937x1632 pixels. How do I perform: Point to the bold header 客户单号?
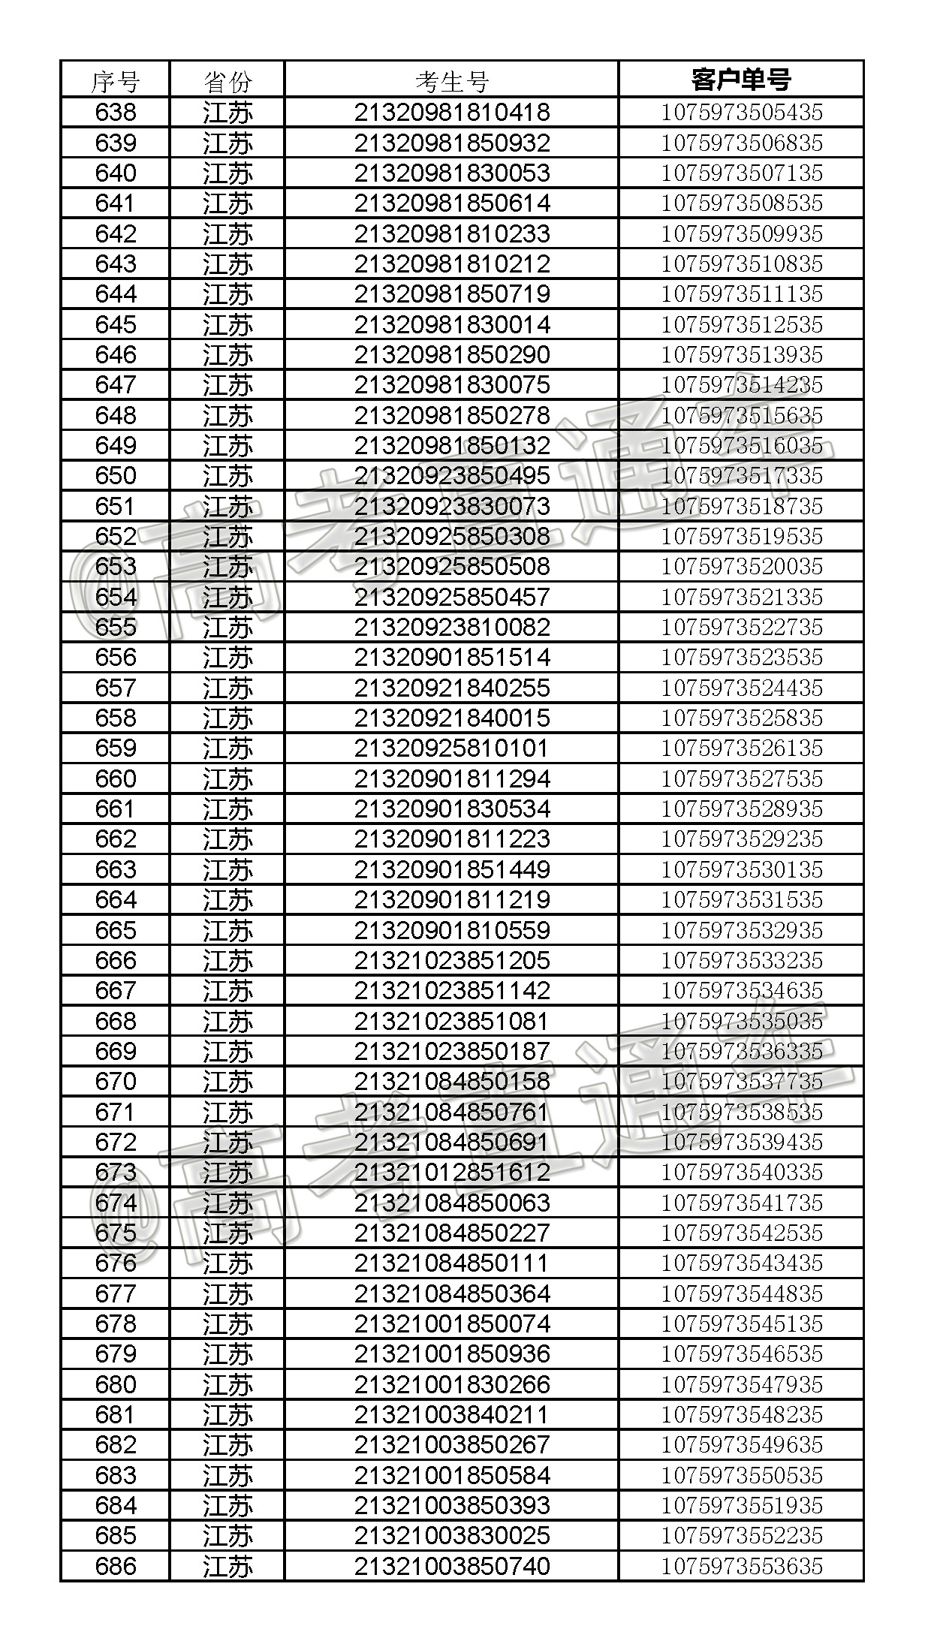741,80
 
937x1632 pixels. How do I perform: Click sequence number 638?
116,113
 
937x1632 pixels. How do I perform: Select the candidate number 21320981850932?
452,143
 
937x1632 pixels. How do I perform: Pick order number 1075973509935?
741,233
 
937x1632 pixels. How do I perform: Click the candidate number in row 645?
452,324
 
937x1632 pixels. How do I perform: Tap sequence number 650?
116,475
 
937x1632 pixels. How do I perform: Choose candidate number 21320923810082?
452,627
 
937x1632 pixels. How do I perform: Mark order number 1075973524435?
741,688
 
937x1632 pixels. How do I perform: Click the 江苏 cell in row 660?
227,779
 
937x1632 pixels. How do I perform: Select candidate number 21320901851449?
452,869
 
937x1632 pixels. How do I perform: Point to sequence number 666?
116,960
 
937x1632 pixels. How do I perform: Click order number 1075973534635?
741,990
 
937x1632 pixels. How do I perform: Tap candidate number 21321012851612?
452,1172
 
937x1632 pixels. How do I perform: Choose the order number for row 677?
741,1293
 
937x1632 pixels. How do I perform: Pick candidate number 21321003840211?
452,1414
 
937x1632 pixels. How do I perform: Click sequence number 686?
116,1565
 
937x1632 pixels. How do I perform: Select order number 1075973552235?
741,1535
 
